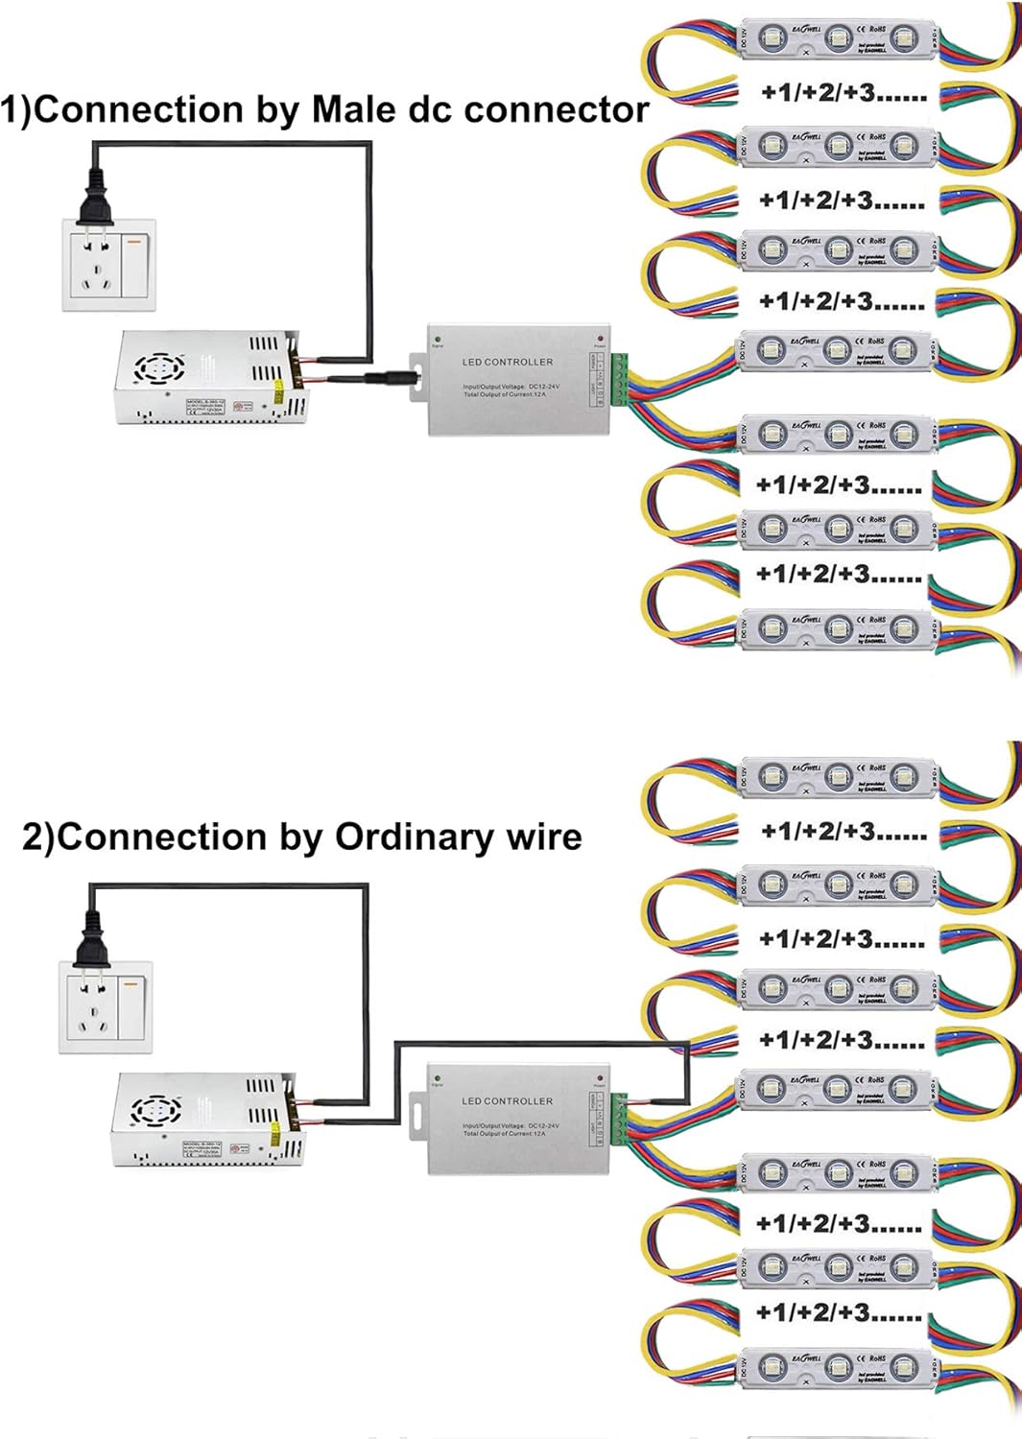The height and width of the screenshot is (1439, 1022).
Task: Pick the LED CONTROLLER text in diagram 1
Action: point(507,362)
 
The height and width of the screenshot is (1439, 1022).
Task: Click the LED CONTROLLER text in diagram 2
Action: point(507,1100)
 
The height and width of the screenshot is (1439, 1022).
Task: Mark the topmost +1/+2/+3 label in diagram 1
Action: point(843,93)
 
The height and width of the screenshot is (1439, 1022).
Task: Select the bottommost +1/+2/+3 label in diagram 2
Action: point(839,1312)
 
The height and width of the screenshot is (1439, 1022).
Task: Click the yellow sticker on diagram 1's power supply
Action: point(278,391)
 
